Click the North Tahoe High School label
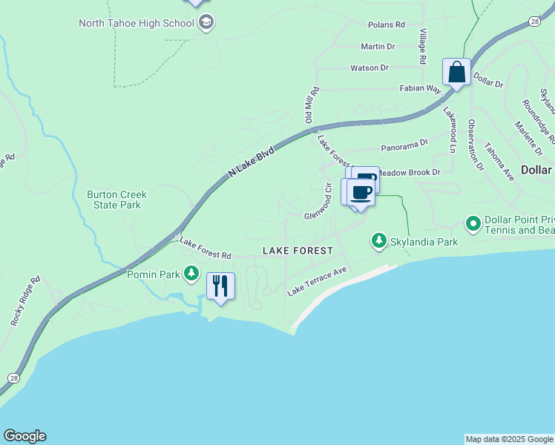coord(137,23)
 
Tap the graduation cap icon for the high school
coord(206,22)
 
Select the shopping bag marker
coord(457,73)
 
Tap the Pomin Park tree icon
coord(191,274)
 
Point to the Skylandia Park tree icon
coord(379,241)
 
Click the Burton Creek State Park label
coord(116,200)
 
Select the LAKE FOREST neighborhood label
coord(298,251)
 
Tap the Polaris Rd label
coord(387,24)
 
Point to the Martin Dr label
coord(378,46)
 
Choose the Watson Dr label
coord(370,67)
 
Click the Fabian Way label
coord(421,88)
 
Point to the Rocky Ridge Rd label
coord(24,302)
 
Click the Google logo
coord(24,436)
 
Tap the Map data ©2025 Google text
coord(509,439)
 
